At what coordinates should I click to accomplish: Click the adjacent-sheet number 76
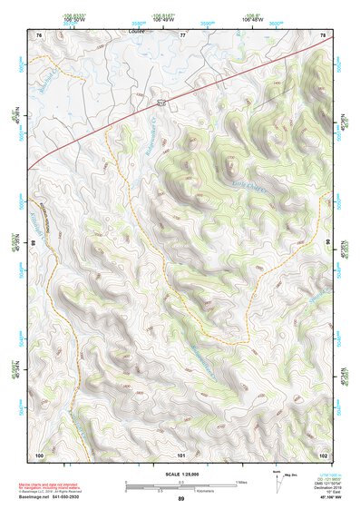tap(39, 34)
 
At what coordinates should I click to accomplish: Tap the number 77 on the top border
tap(182, 34)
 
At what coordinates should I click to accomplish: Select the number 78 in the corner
tap(325, 34)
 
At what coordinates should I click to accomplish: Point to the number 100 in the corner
tap(39, 453)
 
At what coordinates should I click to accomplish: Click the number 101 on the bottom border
tap(181, 453)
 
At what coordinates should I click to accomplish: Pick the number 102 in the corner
tap(324, 453)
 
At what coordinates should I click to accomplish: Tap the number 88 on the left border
tap(34, 243)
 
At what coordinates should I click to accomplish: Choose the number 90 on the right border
tap(328, 243)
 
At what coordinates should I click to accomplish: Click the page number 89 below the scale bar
tap(181, 499)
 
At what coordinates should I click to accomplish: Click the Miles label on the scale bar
tap(241, 481)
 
